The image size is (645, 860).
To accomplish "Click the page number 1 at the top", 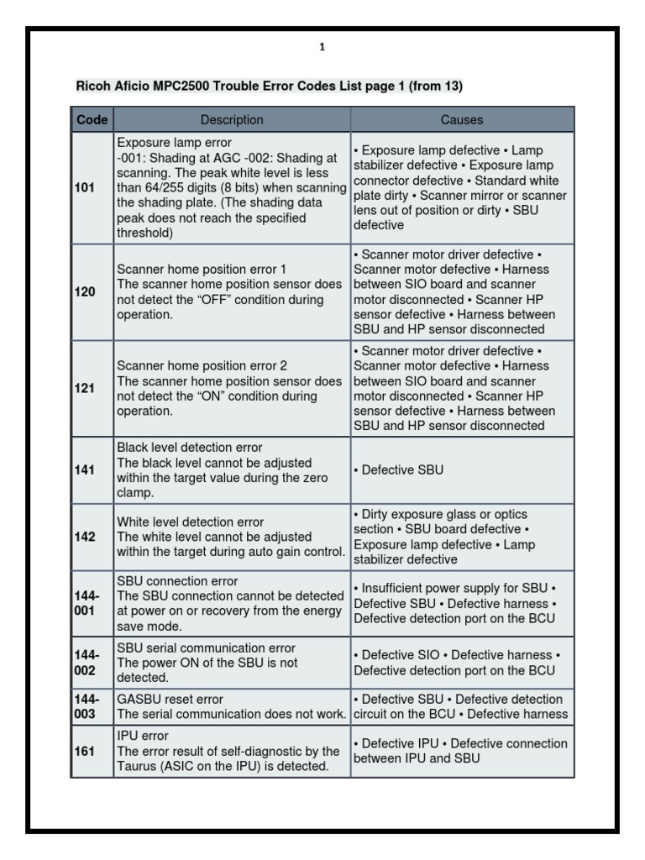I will point(322,48).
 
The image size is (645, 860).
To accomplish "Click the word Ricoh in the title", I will point(92,86).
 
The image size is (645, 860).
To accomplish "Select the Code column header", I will point(92,120).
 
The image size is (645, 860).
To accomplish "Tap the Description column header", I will point(232,120).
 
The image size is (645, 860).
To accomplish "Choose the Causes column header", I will point(462,120).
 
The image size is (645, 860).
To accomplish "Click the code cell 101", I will point(85,188).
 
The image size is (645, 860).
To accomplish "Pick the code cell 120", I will point(85,292).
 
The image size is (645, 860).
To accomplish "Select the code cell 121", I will point(85,389).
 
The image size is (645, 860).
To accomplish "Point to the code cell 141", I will point(85,470).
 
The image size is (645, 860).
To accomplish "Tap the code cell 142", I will point(85,537).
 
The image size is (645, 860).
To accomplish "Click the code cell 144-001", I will point(86,603).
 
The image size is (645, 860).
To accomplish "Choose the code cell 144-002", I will point(86,662).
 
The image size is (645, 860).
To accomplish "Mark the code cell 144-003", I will point(86,706).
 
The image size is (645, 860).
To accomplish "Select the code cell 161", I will point(85,752).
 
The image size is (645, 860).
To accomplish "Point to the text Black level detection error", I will point(189,448).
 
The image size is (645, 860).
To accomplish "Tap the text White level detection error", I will point(190,522).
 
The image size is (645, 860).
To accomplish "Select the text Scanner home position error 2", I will point(202,366).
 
